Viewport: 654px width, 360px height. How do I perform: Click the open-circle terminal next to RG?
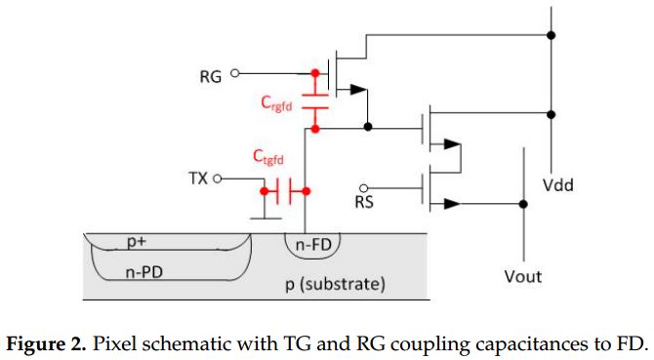pos(235,72)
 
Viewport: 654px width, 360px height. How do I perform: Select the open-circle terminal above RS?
pos(364,187)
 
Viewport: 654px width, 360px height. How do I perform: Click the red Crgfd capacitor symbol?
pos(314,100)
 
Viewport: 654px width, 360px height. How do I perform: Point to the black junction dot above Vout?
pos(524,204)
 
